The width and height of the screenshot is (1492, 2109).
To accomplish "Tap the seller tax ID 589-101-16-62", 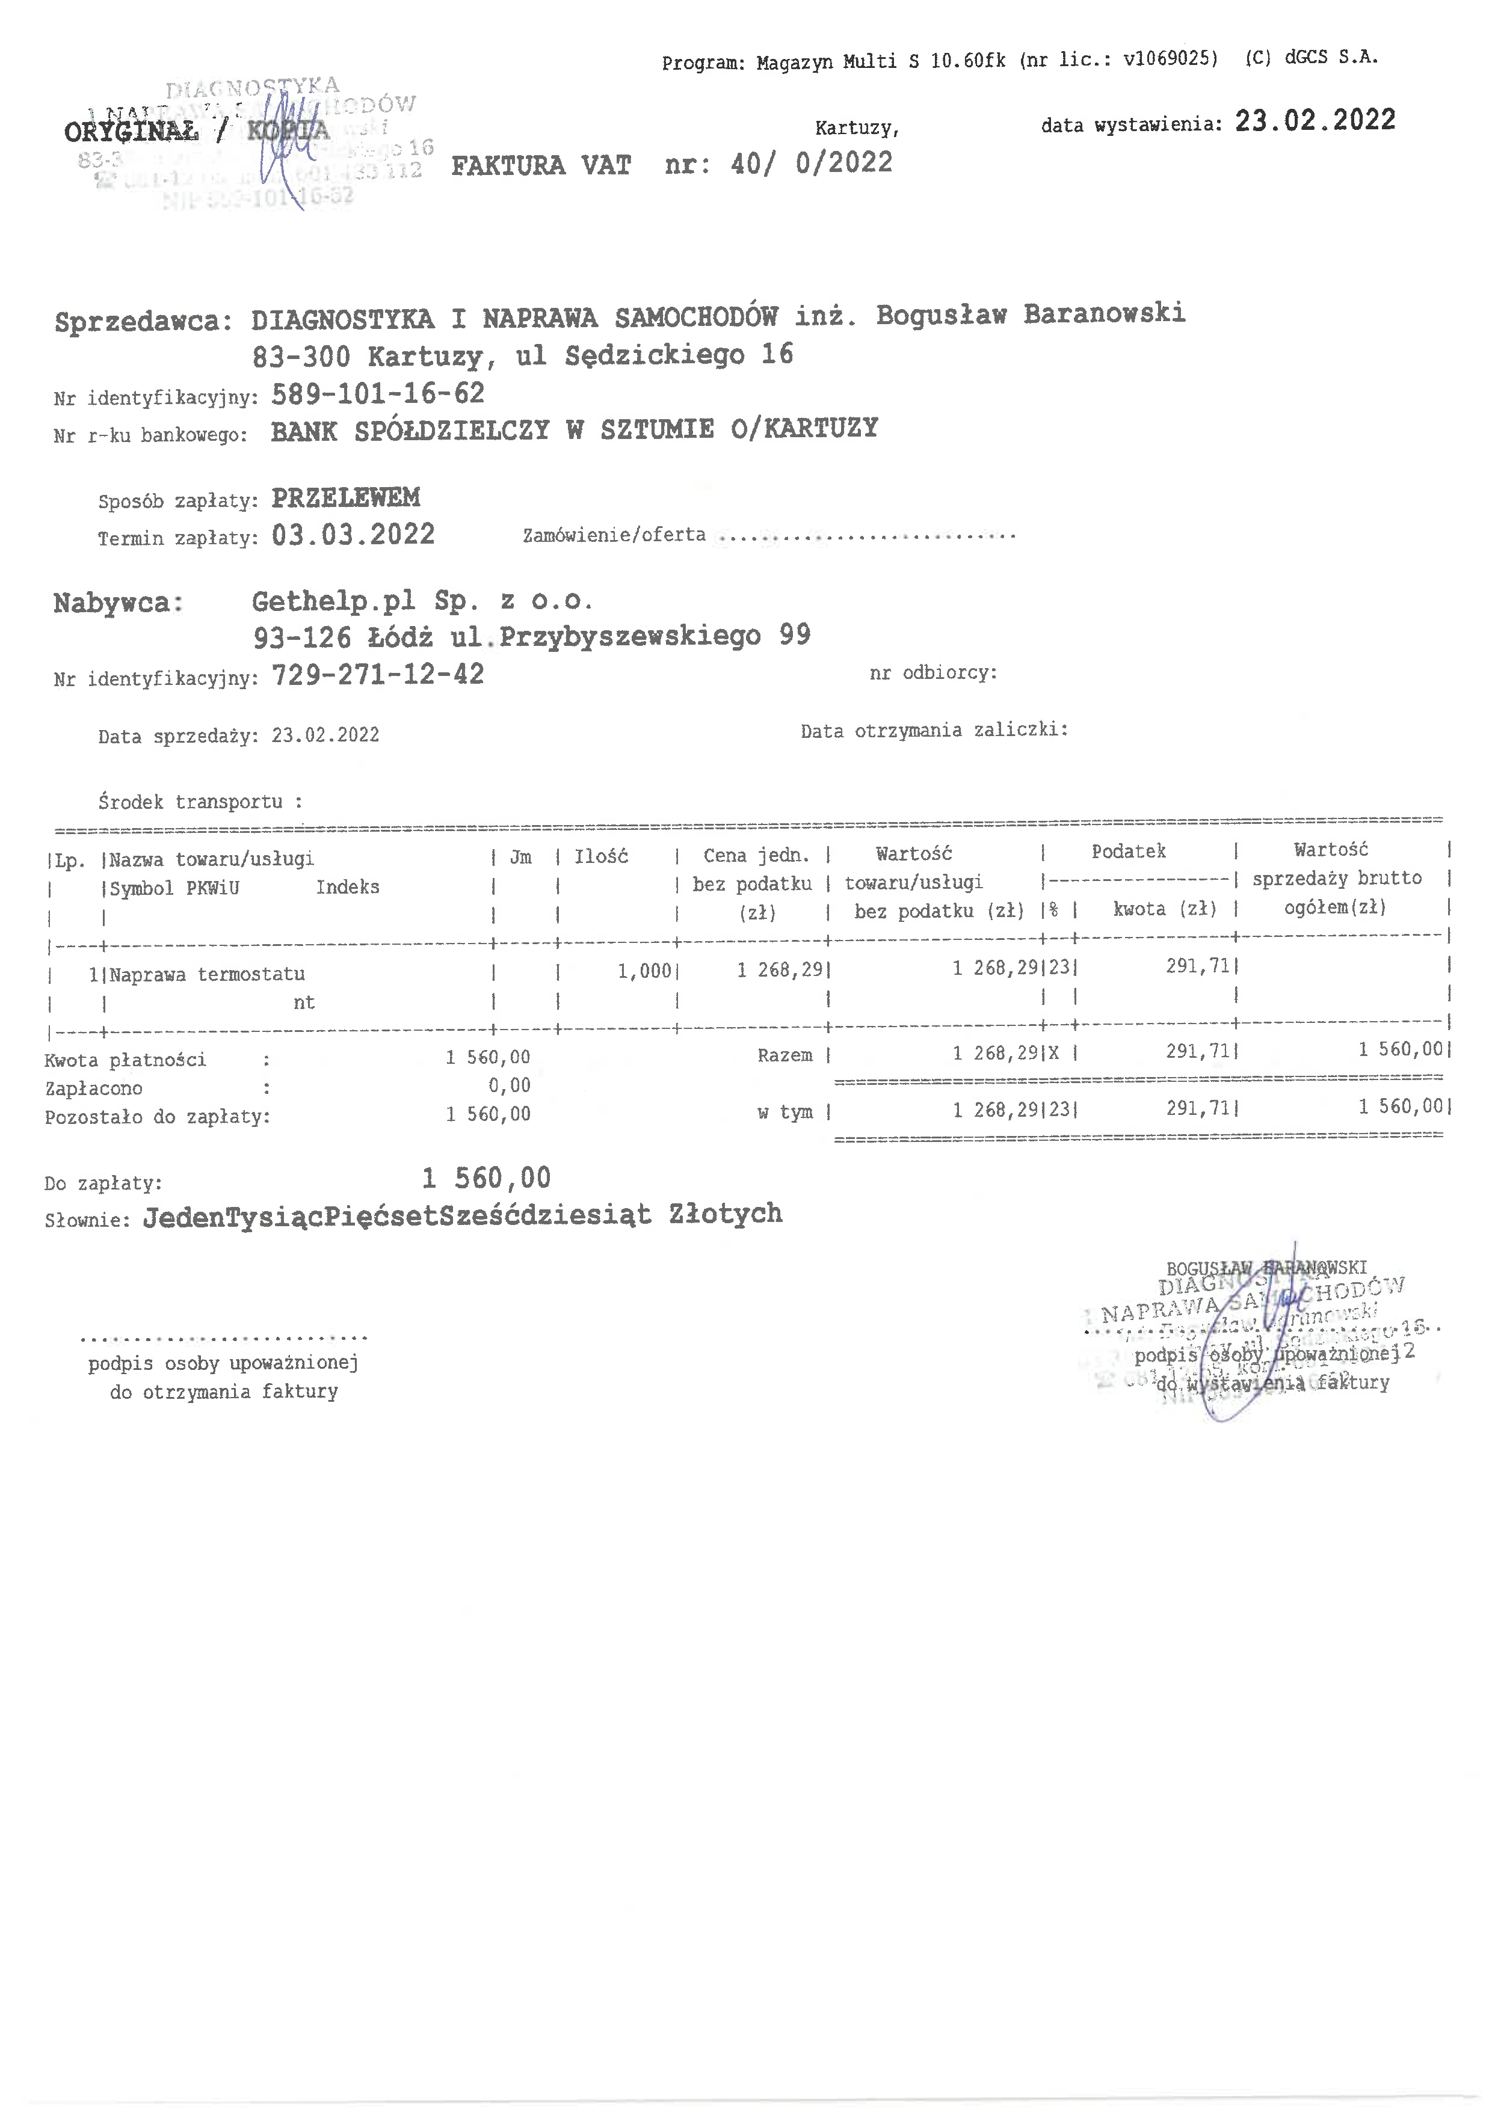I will (378, 394).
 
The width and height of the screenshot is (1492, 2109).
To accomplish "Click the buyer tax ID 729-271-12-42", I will (378, 675).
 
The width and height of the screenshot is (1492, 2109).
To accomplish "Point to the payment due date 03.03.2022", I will (353, 535).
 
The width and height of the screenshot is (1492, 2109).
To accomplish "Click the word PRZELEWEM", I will (345, 498).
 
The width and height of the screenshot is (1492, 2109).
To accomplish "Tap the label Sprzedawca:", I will (138, 322).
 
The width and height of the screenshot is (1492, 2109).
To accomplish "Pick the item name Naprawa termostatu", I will (207, 974).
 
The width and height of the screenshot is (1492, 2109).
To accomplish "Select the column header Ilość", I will (601, 857).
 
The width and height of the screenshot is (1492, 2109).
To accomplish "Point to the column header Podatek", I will (1128, 852).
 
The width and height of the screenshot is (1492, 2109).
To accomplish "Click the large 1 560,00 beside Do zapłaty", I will (486, 1177).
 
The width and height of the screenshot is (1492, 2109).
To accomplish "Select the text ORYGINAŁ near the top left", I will (131, 132).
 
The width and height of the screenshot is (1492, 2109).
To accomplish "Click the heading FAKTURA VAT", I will (540, 166).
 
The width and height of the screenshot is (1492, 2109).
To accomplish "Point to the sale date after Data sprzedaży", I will (325, 735).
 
